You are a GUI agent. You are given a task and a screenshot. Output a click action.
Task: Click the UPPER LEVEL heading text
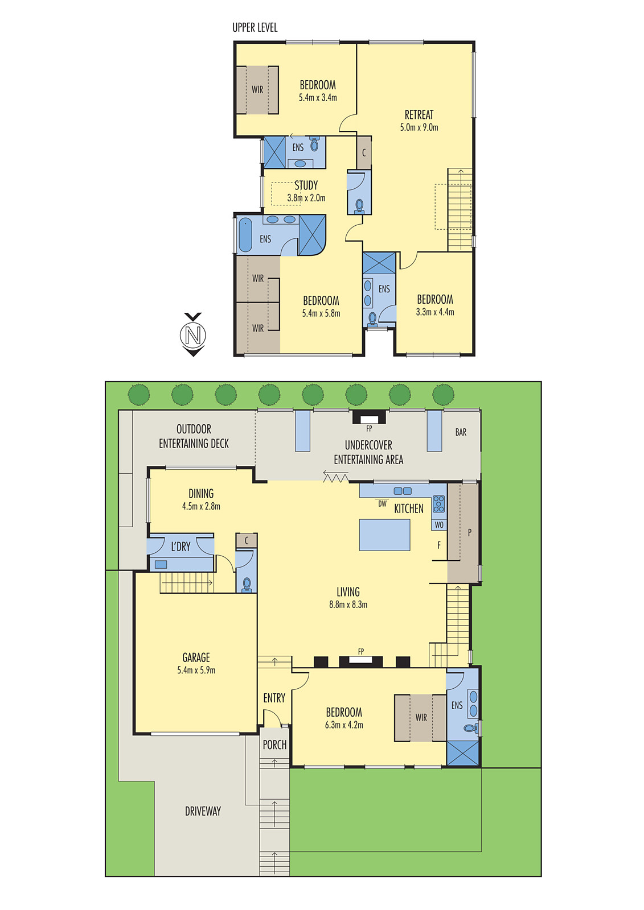pos(255,28)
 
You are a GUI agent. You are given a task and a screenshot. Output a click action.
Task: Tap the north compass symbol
pos(193,335)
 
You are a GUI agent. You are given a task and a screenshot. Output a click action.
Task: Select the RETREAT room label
pos(419,114)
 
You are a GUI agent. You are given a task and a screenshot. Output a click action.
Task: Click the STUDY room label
pos(306,185)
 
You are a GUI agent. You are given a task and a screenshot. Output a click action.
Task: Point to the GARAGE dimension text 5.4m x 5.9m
pos(196,670)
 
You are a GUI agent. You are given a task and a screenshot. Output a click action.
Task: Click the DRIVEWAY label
pos(203,811)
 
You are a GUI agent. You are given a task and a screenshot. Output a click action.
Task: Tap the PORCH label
pos(274,744)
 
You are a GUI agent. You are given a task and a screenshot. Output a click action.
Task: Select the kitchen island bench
pos(384,535)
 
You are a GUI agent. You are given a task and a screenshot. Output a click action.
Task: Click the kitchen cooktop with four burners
pos(438,504)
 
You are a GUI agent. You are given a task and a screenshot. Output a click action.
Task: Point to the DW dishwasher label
pos(383,504)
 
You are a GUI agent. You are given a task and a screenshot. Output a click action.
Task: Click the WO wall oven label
pos(439,525)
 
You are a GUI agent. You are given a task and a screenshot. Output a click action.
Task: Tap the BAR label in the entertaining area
pos(461,432)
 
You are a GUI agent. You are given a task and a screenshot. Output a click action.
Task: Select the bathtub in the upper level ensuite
pos(245,235)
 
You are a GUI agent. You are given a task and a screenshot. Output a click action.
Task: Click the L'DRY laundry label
pos(181,547)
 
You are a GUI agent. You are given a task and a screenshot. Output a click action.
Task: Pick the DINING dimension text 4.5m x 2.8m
pos(201,506)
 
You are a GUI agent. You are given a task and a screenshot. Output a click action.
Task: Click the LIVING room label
pos(348,592)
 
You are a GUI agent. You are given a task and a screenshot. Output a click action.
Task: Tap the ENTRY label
pos(274,698)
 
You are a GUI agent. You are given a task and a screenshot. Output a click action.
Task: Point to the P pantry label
pos(469,532)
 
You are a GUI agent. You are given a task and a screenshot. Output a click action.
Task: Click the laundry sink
pos(161,564)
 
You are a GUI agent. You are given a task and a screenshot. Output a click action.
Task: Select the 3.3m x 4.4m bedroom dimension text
pos(435,312)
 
